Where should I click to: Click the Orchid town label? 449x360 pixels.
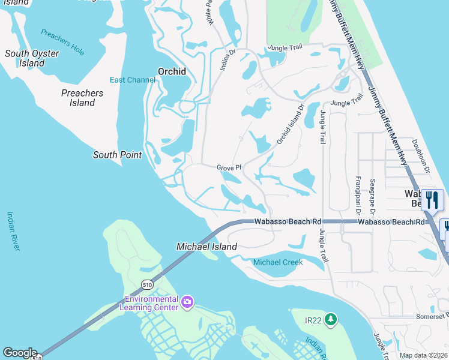coord(172,71)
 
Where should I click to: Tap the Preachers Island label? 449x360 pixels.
coord(82,98)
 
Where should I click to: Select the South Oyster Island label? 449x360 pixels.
coord(32,58)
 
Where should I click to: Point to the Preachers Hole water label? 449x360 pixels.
coord(64,42)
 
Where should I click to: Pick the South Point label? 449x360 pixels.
coord(117,155)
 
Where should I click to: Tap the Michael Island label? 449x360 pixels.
coord(206,247)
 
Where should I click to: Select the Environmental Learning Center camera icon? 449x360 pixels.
coord(187,301)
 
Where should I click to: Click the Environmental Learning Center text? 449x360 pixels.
coord(151,304)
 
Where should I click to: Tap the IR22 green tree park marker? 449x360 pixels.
coord(330,320)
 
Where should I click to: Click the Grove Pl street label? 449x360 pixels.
coord(229,167)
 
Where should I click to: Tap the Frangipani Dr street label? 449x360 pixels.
coord(358,195)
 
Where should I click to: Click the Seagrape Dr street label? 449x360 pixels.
coord(372,196)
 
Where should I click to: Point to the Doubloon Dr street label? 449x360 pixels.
coord(421,156)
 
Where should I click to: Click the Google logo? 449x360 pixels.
coord(20,353)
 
